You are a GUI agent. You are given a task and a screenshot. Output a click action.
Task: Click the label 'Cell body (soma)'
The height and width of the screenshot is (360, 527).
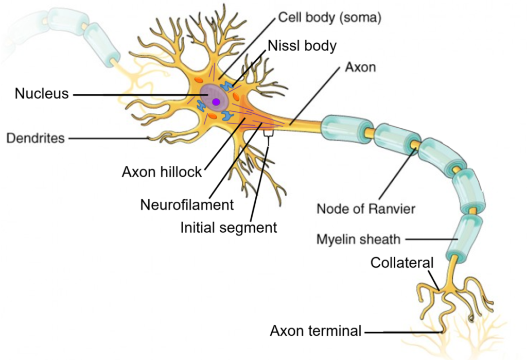(329, 18)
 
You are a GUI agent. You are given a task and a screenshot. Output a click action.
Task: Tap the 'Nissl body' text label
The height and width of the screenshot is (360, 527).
(302, 45)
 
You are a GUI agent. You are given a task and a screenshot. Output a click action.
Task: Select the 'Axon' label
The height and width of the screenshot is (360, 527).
(361, 67)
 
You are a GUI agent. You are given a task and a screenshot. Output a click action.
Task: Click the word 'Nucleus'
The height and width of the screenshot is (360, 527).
(41, 94)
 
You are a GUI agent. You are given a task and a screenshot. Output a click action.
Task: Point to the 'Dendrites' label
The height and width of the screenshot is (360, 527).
(35, 138)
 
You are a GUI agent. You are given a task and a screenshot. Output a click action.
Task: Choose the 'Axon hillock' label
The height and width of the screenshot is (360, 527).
(162, 172)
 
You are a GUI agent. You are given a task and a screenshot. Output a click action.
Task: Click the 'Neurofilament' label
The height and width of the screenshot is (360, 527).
(187, 204)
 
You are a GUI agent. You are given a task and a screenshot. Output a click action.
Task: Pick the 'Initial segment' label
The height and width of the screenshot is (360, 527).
(228, 227)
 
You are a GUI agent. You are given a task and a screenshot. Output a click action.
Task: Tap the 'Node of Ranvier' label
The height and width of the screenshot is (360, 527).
(365, 209)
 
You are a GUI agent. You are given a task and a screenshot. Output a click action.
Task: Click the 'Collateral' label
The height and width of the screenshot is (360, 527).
(402, 263)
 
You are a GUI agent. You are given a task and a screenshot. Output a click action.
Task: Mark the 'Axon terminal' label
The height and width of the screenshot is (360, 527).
(315, 331)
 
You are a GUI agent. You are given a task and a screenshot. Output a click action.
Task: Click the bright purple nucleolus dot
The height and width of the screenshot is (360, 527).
(216, 102)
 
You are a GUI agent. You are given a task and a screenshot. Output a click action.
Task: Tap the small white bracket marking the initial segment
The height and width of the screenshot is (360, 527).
(268, 133)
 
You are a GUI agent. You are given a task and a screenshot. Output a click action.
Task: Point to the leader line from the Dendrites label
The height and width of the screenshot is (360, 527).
(108, 138)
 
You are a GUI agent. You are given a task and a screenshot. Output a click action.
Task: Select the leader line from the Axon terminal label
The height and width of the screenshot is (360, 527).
(401, 332)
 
